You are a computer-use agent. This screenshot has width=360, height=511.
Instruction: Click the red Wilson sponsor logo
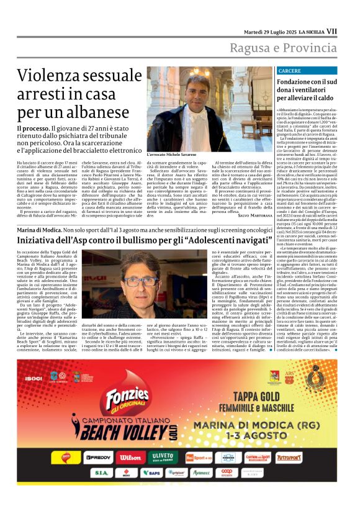[x=130, y=458]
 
